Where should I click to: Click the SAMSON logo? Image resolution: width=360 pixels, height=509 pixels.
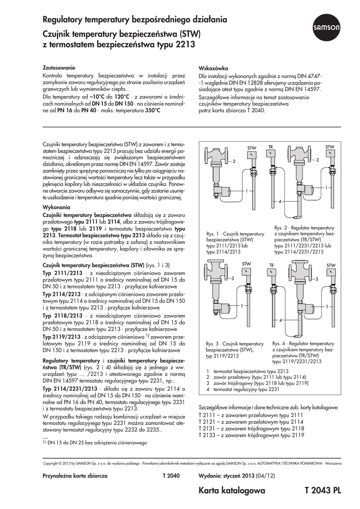326,29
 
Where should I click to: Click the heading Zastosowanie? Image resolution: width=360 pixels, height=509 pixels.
59,67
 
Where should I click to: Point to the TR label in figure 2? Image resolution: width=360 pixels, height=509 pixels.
270,147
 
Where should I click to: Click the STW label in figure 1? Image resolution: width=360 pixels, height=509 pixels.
252,148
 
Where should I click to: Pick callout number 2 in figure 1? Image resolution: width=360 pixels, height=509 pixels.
233,163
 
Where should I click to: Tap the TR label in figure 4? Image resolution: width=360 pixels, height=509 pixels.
271,265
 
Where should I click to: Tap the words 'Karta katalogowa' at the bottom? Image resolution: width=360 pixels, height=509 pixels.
232,491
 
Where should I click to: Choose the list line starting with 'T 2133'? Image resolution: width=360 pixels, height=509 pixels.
251,435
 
